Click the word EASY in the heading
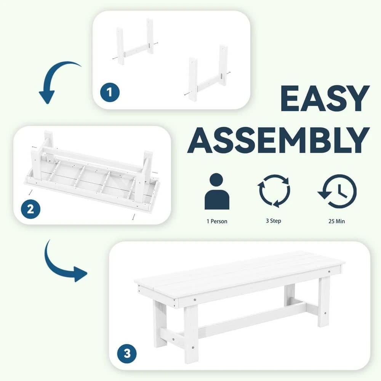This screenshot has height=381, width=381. [325, 99]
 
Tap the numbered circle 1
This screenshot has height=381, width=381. [110, 93]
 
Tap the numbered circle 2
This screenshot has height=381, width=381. [30, 208]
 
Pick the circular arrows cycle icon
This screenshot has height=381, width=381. [274, 191]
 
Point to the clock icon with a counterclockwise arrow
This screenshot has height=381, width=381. [338, 191]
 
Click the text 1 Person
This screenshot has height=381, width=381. [217, 221]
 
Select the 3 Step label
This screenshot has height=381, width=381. [274, 221]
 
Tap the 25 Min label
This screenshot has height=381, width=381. [337, 221]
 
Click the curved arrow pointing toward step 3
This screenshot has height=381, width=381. [63, 263]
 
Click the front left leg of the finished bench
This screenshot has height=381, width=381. [190, 331]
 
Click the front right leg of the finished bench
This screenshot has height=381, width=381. [324, 301]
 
